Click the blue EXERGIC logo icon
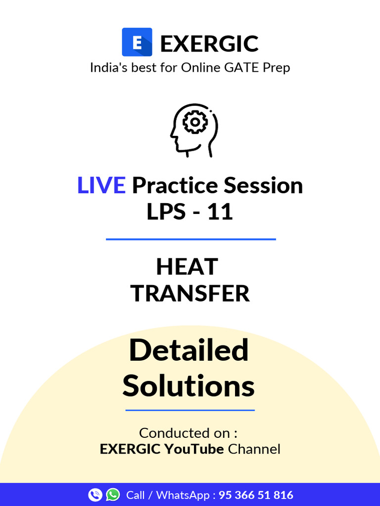tap(137, 42)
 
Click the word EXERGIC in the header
tap(209, 44)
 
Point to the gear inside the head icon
tap(195, 122)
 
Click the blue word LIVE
tap(101, 186)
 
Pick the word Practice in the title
tap(175, 186)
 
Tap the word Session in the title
tap(263, 186)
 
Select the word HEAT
tap(187, 267)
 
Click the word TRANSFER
tap(190, 294)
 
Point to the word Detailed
tap(189, 350)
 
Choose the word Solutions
tap(189, 386)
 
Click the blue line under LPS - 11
tap(190, 239)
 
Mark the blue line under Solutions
tap(190, 410)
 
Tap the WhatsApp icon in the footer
tap(113, 495)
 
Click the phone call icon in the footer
tap(95, 495)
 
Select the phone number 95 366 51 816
tap(256, 495)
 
